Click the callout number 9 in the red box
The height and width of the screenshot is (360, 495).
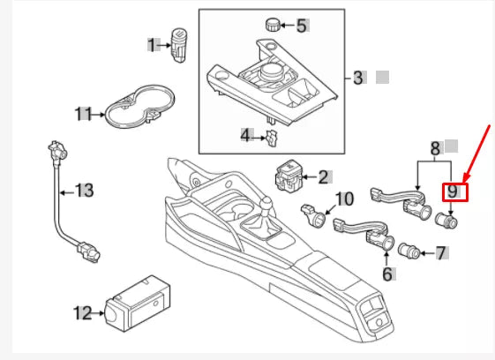tap(452, 191)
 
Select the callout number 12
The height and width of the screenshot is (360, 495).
tap(82, 311)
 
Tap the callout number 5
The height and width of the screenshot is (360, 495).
tap(302, 26)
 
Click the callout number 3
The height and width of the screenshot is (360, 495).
tap(357, 78)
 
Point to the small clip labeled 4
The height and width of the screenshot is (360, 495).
tap(273, 136)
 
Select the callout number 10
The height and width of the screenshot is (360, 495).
tap(345, 199)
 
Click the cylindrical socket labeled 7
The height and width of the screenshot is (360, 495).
tap(409, 252)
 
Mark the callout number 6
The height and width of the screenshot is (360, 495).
tap(386, 274)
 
